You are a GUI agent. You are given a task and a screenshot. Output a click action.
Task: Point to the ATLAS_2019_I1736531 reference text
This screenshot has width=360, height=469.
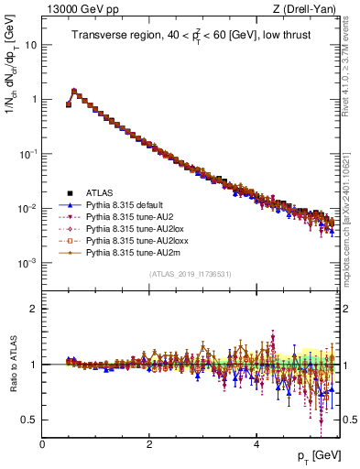[x=189, y=274]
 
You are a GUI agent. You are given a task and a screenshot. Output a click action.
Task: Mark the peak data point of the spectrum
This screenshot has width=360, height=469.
[x=74, y=91]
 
